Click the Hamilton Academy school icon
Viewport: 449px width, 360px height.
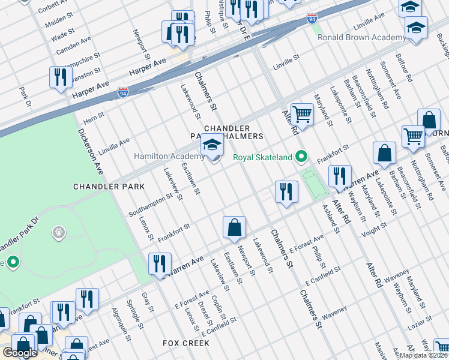(x=211, y=145)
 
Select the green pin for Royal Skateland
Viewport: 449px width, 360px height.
(x=302, y=158)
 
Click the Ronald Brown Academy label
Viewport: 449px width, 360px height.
(x=361, y=37)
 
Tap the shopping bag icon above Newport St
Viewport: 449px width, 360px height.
(x=234, y=227)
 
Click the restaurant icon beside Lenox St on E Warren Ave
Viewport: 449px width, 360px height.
(x=160, y=263)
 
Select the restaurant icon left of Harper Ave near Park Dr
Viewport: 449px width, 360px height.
(x=60, y=77)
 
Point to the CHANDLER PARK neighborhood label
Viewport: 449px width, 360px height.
(x=109, y=187)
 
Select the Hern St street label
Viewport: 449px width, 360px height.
(x=94, y=118)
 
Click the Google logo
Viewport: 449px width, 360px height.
(x=20, y=353)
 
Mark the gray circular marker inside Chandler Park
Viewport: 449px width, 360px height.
(x=58, y=232)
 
